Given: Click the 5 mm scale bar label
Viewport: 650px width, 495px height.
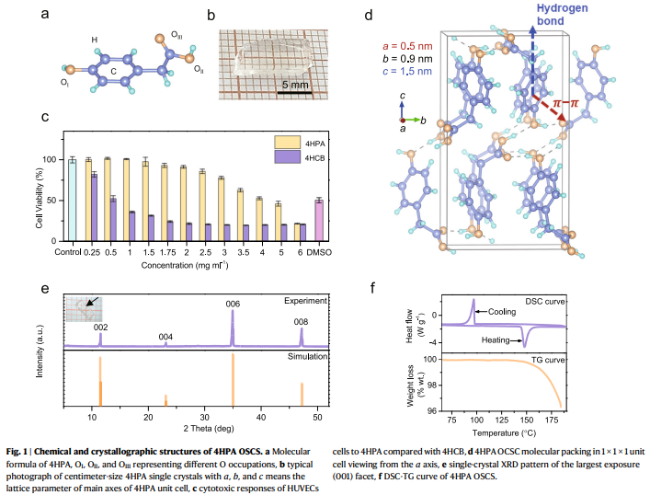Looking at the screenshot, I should tap(294, 85).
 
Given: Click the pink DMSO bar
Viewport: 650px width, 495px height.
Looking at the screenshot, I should tap(318, 220).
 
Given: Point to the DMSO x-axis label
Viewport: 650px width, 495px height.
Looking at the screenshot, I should tap(318, 251).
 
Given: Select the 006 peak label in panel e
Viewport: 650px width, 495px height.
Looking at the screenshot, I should tap(232, 303).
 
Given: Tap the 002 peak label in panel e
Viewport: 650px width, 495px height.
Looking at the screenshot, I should tap(101, 328).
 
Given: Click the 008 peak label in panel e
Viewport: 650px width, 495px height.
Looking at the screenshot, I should tap(301, 322).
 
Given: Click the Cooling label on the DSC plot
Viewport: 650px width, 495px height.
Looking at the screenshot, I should tap(502, 312).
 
